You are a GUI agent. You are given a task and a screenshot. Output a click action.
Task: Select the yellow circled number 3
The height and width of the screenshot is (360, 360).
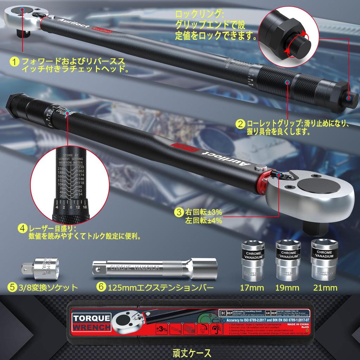point(179,212)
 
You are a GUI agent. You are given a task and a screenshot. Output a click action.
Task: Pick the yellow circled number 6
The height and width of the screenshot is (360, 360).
point(101,287)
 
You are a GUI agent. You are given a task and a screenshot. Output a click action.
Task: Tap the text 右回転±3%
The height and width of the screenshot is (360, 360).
point(204,213)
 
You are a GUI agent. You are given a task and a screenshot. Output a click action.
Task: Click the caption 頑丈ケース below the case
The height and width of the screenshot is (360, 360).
point(192,352)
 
